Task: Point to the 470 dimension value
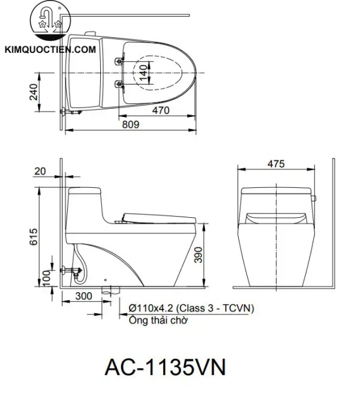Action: [160, 110]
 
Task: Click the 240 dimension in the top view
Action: [34, 91]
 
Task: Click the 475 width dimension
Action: [276, 164]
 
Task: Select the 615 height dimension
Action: [34, 238]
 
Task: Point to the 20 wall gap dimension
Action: [40, 171]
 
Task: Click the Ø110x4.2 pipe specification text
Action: [191, 308]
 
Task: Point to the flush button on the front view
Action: [313, 197]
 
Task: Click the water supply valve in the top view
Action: [70, 112]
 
